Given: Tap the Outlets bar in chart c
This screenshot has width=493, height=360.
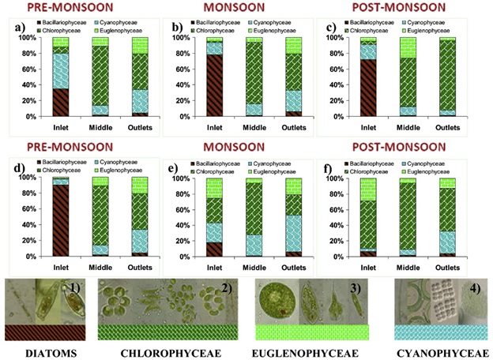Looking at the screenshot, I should (450, 77).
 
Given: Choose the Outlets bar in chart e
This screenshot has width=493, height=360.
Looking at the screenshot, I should (293, 217).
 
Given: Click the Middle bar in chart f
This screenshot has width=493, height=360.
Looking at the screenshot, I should (409, 217).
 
